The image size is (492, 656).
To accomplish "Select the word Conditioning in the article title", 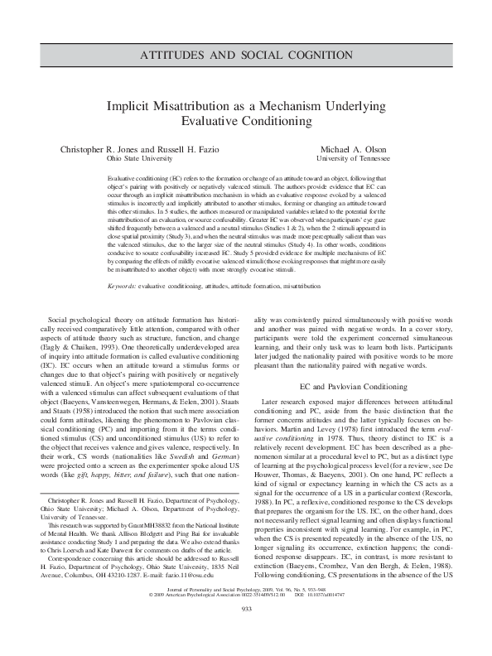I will point(273,122).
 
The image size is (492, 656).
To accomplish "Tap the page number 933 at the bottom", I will point(245,632).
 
